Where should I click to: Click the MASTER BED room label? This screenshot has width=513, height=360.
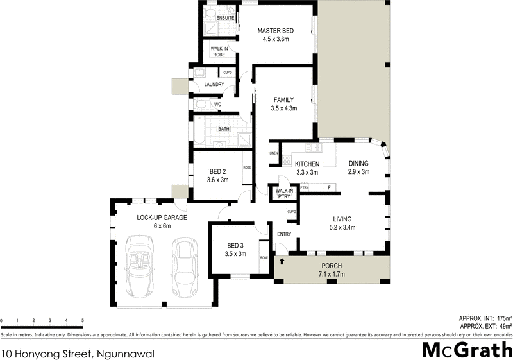[x=276, y=30]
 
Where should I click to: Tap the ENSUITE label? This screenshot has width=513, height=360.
[x=224, y=18]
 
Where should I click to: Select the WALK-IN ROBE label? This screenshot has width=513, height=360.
[x=219, y=51]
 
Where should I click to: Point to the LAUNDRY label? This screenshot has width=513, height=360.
[x=214, y=85]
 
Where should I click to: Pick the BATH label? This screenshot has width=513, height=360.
[x=223, y=129]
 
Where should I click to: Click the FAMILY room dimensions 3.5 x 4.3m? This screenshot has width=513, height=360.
[x=283, y=109]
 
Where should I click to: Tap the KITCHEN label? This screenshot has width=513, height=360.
[x=307, y=164]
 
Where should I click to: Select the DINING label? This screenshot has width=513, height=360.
[x=358, y=164]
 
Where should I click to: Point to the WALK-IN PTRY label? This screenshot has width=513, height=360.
[x=284, y=194]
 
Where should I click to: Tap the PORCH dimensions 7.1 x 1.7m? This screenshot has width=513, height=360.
[x=332, y=274]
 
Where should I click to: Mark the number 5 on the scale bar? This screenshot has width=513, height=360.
[x=82, y=320]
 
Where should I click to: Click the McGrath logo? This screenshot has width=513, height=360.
[x=466, y=350]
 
